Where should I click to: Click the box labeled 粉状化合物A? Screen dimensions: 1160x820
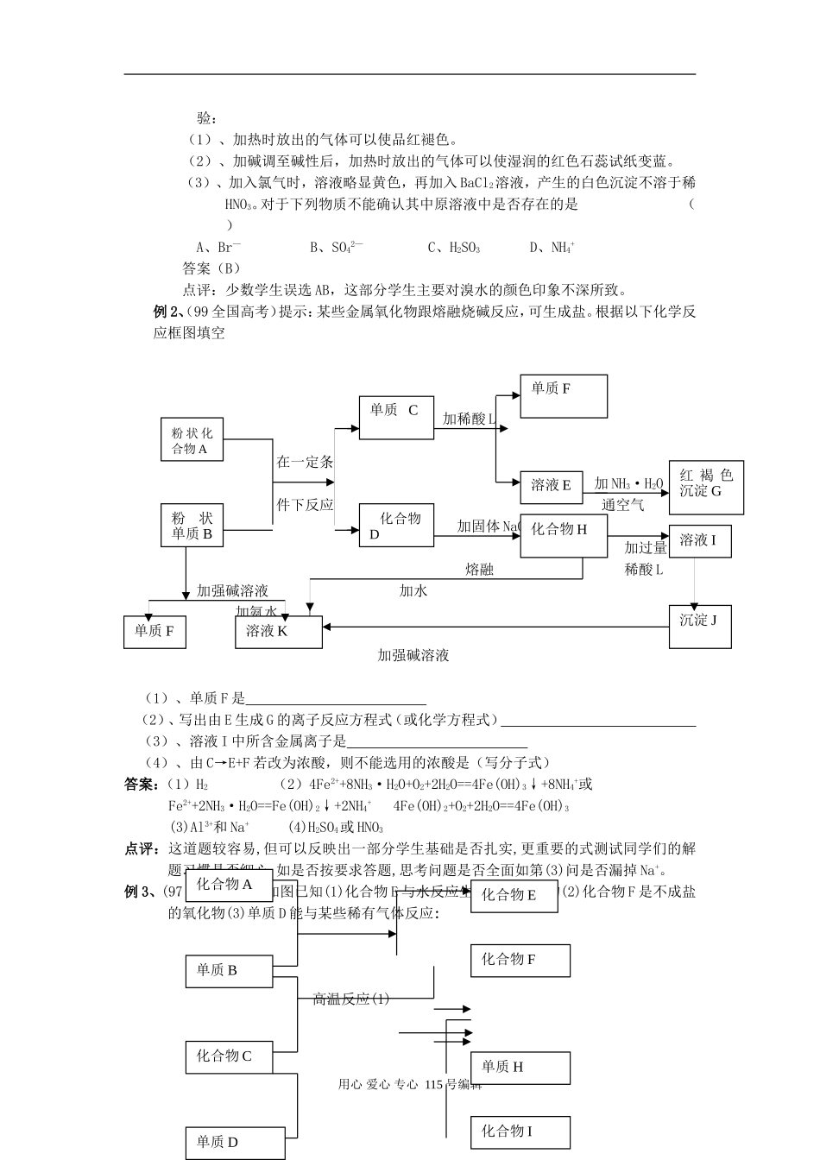click(x=191, y=440)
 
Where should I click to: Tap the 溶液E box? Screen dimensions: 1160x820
click(x=552, y=486)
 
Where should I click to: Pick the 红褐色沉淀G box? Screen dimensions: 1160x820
click(x=706, y=487)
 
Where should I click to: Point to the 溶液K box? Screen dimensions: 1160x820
click(x=278, y=632)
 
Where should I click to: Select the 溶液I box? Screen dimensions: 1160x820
click(x=699, y=541)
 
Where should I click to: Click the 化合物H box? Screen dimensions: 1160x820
click(x=564, y=537)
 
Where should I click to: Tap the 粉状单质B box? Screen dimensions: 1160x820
click(x=192, y=526)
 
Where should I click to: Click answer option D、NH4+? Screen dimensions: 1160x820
click(x=552, y=248)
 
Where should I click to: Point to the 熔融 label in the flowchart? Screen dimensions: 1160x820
click(x=480, y=570)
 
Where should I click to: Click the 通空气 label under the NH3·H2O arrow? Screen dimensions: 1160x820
click(x=623, y=505)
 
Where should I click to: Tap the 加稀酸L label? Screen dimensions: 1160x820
click(x=469, y=419)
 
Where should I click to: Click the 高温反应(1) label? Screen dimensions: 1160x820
click(x=350, y=999)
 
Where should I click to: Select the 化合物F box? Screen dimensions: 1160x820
click(x=520, y=960)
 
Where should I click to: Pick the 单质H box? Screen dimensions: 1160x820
click(x=520, y=1067)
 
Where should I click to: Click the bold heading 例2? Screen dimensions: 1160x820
click(x=165, y=312)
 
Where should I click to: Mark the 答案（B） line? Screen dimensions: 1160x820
click(x=211, y=268)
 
